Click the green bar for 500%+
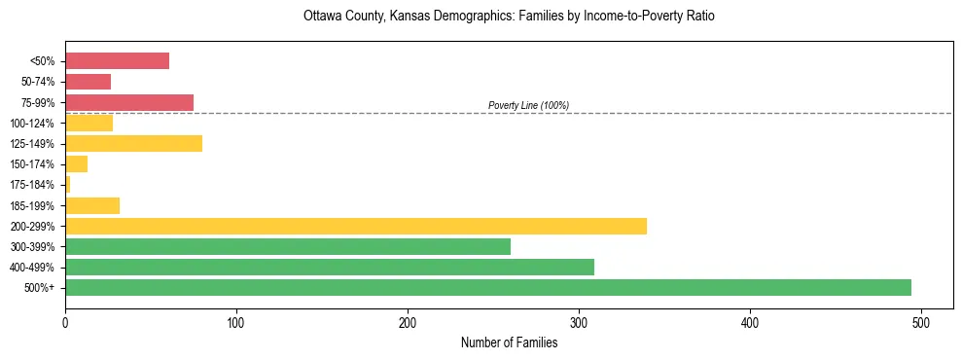[487, 287]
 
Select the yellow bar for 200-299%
[355, 226]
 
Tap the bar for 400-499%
[329, 267]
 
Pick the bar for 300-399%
[287, 246]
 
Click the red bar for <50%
[117, 61]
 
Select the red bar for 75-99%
[128, 102]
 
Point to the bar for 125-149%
[133, 143]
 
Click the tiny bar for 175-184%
[67, 184]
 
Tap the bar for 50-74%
[88, 82]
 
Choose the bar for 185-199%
[91, 205]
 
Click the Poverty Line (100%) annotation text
[528, 105]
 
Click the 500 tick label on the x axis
[921, 321]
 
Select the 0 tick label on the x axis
[65, 321]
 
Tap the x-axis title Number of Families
[509, 342]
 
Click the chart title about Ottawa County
[509, 17]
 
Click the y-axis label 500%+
[41, 288]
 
